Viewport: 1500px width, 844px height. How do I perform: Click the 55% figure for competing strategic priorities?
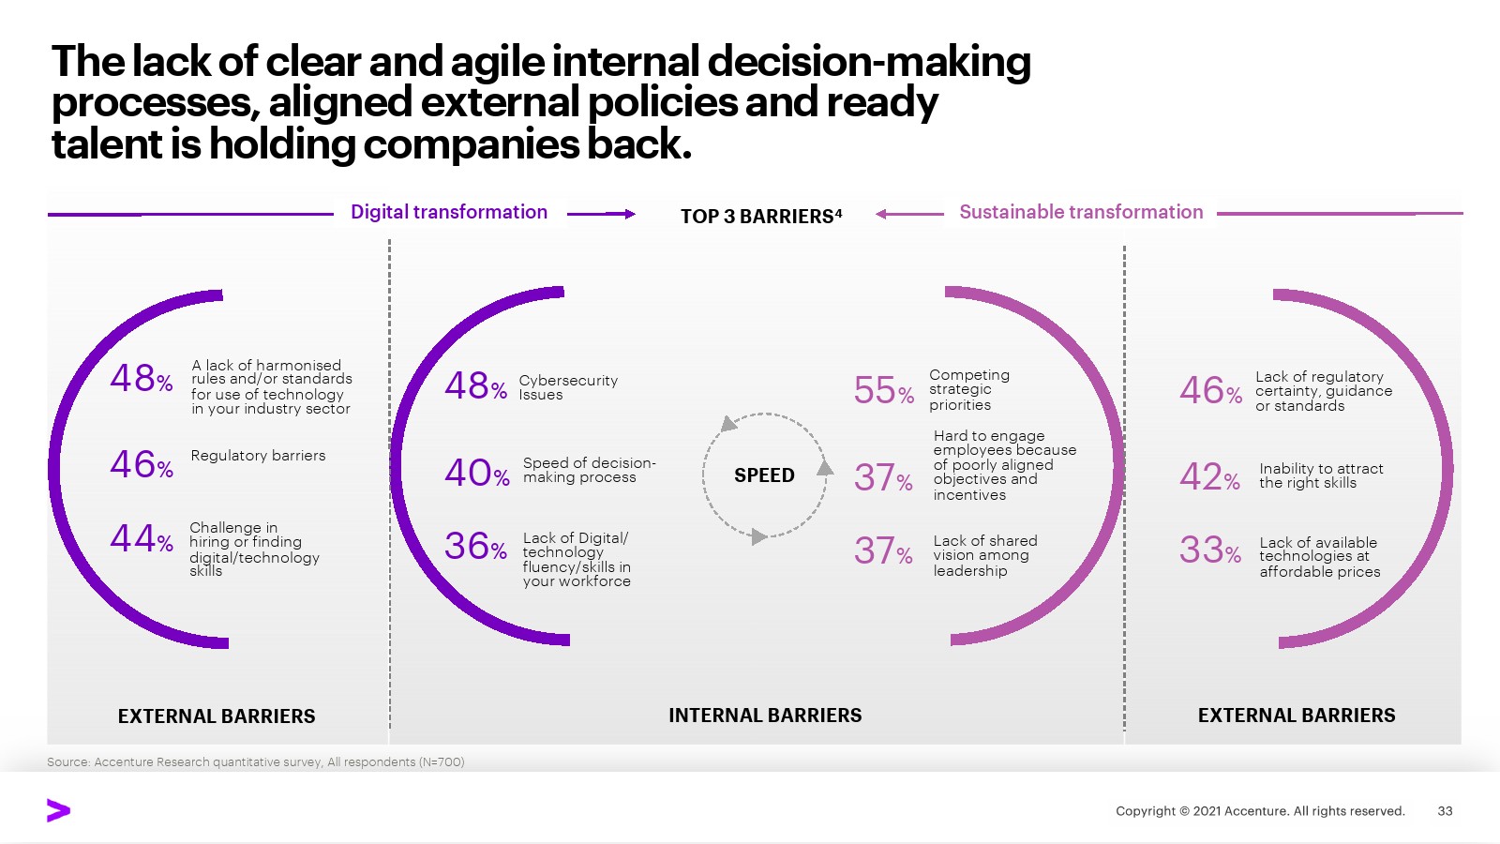click(x=884, y=390)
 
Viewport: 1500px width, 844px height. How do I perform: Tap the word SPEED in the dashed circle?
click(x=764, y=475)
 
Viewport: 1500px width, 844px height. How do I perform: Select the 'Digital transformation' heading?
click(x=449, y=212)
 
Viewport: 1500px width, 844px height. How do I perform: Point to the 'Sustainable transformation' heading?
click(x=1081, y=212)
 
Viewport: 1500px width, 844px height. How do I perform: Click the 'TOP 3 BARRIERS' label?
click(x=760, y=216)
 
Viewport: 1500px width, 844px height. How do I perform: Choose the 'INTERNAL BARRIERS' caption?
click(x=765, y=716)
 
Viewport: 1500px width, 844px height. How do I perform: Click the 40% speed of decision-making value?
click(x=477, y=473)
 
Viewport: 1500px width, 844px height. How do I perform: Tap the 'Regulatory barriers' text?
click(x=258, y=456)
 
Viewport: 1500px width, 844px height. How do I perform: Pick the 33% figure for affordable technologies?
click(x=1210, y=550)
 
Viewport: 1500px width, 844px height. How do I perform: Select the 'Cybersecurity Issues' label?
click(x=568, y=387)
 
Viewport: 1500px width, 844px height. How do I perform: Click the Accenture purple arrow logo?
click(x=58, y=810)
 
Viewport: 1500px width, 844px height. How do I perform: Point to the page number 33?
click(x=1445, y=810)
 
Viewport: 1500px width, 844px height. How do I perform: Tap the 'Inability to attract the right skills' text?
click(x=1321, y=475)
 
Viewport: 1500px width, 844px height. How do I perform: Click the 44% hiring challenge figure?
click(x=142, y=538)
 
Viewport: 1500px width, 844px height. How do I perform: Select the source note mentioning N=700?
click(x=255, y=761)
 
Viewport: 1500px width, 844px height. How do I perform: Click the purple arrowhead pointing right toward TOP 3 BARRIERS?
click(x=629, y=214)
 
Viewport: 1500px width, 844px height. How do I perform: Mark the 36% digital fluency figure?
click(x=475, y=546)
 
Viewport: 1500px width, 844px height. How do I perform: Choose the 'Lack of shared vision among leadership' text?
click(x=985, y=555)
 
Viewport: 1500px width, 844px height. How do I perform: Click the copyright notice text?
click(x=1260, y=810)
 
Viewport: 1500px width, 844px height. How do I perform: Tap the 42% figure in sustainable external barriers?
click(x=1209, y=477)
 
